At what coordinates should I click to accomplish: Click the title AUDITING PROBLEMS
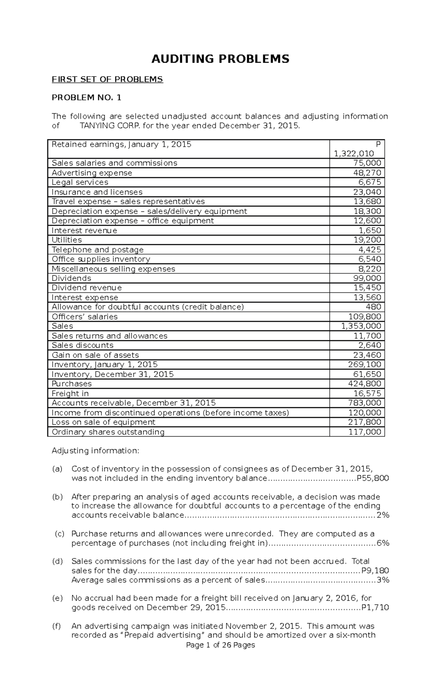(x=220, y=59)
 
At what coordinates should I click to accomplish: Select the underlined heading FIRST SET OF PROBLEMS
(x=107, y=79)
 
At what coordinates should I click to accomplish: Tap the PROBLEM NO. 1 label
(x=86, y=97)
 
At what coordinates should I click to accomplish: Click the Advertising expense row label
(x=92, y=173)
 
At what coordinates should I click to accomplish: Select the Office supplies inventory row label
(x=101, y=259)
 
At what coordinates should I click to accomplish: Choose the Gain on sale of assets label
(x=95, y=355)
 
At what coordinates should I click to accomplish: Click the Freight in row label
(x=70, y=394)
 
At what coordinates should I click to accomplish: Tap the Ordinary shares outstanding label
(x=108, y=432)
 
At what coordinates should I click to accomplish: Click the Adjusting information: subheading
(x=96, y=451)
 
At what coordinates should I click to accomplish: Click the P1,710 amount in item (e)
(x=375, y=608)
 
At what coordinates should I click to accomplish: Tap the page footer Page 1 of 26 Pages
(x=220, y=656)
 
